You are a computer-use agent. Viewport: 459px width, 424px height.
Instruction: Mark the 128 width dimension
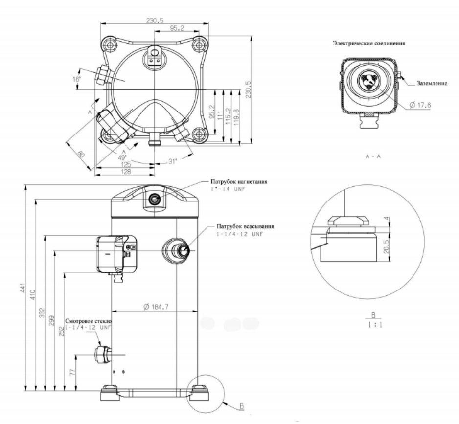[x=125, y=172]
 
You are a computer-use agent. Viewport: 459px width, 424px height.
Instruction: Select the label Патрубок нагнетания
[x=239, y=181]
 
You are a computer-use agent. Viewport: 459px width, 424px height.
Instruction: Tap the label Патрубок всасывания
[x=245, y=227]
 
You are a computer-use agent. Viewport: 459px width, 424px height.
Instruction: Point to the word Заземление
[x=432, y=83]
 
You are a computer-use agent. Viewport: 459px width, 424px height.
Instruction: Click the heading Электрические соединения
[x=369, y=43]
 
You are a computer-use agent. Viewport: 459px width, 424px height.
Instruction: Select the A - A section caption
[x=373, y=156]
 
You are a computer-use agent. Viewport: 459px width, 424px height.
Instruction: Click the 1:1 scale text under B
[x=374, y=324]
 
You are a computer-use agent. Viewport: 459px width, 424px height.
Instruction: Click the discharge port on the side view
[x=156, y=199]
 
